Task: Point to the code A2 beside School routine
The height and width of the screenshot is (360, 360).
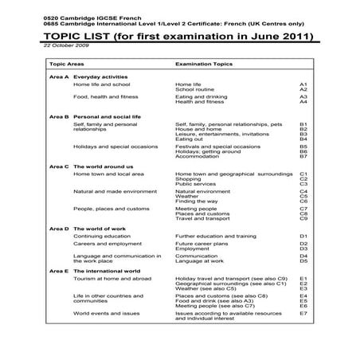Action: point(303,89)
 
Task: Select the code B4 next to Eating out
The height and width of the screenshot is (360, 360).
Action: point(303,139)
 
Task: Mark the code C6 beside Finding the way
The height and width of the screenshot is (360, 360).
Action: point(303,202)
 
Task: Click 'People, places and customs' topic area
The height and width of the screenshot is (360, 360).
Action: point(111,209)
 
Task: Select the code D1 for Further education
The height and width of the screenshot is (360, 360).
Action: point(303,237)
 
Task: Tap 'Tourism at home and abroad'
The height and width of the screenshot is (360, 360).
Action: point(107,279)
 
